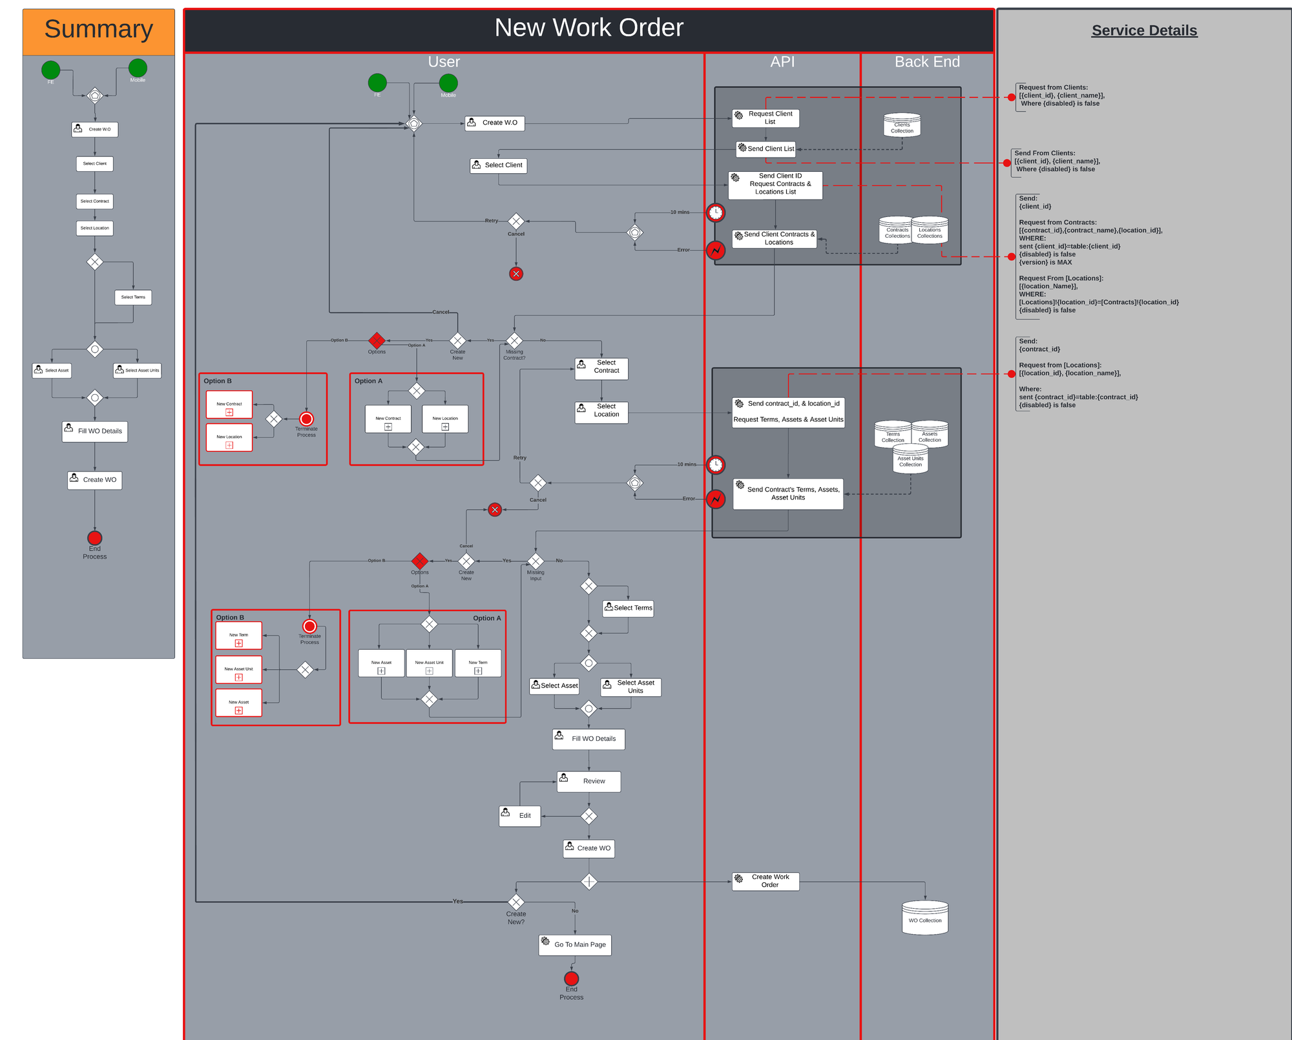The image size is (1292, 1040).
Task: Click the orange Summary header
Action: [98, 31]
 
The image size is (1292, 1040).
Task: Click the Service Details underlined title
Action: [1144, 30]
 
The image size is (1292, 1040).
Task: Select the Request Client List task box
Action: [766, 118]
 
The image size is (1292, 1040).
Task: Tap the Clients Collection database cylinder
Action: [902, 125]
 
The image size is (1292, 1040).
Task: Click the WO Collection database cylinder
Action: [924, 918]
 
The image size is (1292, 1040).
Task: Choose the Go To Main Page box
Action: [575, 944]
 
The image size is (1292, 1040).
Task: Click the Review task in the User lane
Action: [589, 781]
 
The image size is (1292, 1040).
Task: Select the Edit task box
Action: [519, 816]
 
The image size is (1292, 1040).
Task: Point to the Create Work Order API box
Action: [766, 881]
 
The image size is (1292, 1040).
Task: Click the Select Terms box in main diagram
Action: [628, 608]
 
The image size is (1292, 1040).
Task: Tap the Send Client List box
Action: [766, 149]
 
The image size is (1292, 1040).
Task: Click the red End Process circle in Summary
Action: [95, 538]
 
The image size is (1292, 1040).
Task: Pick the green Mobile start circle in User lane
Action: [448, 83]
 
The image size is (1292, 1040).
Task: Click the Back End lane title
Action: [927, 62]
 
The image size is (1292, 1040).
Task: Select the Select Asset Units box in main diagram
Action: [630, 687]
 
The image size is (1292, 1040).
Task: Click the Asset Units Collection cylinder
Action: [910, 460]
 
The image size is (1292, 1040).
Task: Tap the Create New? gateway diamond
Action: [516, 902]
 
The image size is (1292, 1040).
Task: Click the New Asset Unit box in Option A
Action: [429, 663]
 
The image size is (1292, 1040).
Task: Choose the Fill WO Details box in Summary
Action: [95, 432]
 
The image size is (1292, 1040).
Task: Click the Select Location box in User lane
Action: [601, 411]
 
